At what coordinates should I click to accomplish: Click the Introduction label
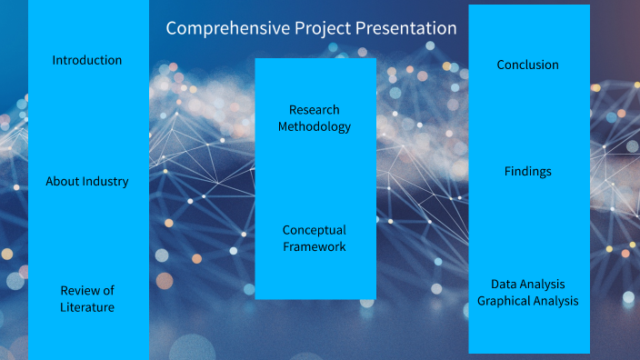(87, 61)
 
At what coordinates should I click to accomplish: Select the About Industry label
(87, 182)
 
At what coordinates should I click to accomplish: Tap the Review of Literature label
(87, 299)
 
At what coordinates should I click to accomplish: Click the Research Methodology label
(315, 118)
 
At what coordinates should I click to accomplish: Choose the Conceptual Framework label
(315, 238)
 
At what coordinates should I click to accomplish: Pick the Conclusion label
(528, 65)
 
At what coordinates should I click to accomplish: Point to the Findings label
(528, 172)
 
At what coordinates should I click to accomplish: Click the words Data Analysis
(528, 285)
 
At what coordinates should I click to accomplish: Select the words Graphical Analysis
(528, 301)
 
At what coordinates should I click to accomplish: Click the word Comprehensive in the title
(226, 29)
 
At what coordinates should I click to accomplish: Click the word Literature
(87, 307)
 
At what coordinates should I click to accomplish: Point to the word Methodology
(315, 127)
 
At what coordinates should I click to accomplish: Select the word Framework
(315, 247)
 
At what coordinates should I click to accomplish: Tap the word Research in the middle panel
(315, 110)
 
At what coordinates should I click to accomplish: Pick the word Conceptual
(315, 230)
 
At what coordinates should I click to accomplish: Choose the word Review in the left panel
(80, 291)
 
